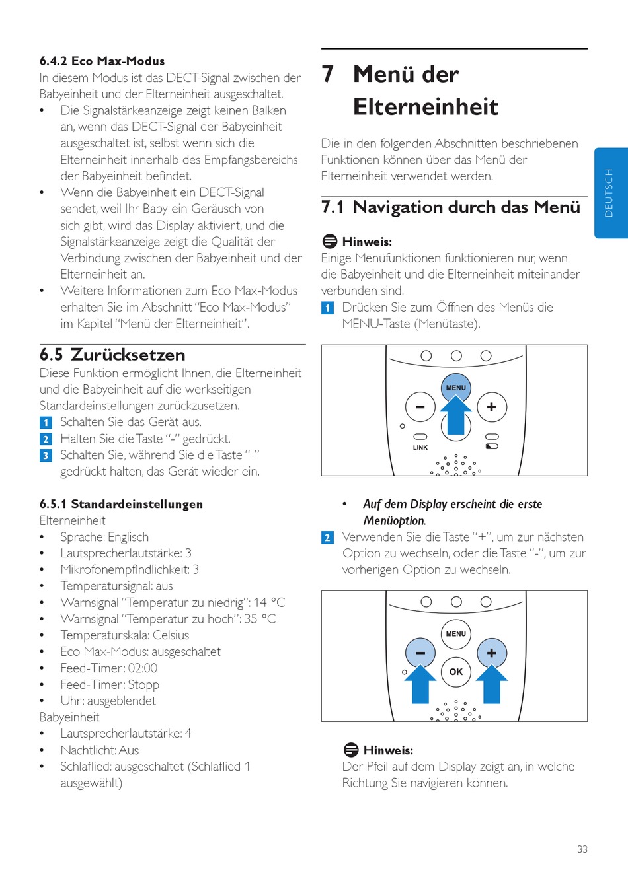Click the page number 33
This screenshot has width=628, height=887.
pos(582,849)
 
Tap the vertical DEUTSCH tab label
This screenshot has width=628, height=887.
pos(609,193)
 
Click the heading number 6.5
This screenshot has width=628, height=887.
pos(51,355)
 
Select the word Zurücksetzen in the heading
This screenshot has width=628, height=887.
pos(128,355)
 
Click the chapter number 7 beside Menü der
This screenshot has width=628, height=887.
pos(328,74)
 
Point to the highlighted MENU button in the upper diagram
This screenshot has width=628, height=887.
pos(456,388)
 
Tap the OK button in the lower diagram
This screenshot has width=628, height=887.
pos(456,672)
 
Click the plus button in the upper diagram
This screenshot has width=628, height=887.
pos(491,407)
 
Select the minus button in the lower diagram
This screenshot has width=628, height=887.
pos(420,653)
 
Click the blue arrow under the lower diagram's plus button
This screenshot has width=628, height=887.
pos(491,685)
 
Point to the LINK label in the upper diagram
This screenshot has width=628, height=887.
pos(420,448)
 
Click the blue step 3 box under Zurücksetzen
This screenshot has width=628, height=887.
pos(46,456)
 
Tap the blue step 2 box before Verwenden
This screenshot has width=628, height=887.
pos(327,538)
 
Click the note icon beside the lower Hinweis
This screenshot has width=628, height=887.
pos(351,750)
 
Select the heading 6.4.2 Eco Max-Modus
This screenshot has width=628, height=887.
pos(102,61)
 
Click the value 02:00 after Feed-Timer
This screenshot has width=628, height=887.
pos(143,668)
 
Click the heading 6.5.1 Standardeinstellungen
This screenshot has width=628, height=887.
pos(121,504)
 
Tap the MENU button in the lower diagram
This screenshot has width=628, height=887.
pos(456,634)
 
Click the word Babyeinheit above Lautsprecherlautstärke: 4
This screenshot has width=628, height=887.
pos(69,717)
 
